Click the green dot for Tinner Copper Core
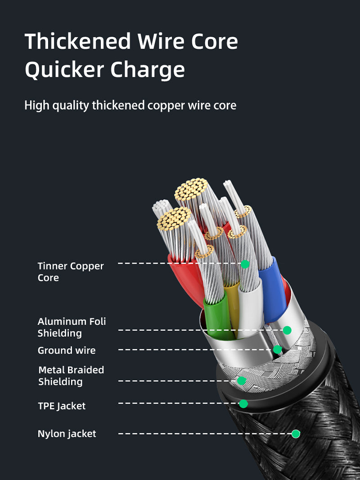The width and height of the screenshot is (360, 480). [x=245, y=264]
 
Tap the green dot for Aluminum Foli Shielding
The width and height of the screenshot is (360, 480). [x=287, y=331]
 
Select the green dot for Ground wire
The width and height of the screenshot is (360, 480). [x=278, y=349]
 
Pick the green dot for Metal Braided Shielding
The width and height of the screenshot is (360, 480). [x=242, y=381]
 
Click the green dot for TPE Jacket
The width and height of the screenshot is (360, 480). [x=243, y=403]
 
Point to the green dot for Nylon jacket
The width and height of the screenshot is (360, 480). [x=296, y=434]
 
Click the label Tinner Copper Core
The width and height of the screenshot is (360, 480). [x=71, y=272]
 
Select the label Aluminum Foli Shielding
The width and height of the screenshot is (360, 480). [x=72, y=327]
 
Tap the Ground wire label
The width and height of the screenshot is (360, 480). [x=67, y=350]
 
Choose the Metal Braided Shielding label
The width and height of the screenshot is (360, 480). [x=71, y=376]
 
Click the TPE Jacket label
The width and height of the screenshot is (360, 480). [x=62, y=406]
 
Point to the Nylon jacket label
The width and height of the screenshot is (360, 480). [x=67, y=434]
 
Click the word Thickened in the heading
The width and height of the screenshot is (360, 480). [x=77, y=41]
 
